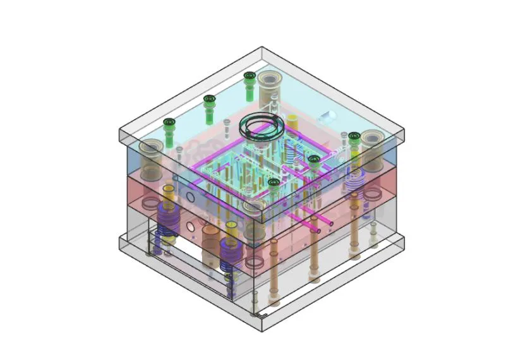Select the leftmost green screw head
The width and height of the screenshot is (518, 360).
[x=167, y=123]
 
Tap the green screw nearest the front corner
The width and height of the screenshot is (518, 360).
[x=274, y=183]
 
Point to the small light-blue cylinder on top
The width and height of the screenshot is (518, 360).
[x=327, y=117]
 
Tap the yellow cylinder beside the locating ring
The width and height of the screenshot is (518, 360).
[x=292, y=121]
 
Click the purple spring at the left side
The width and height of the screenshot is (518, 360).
[x=168, y=221]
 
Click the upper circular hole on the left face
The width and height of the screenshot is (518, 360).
[x=190, y=198]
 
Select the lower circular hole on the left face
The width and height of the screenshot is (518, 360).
[x=190, y=224]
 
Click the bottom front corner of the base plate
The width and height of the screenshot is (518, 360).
[x=261, y=330]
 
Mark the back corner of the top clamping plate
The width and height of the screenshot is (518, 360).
[x=262, y=47]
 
